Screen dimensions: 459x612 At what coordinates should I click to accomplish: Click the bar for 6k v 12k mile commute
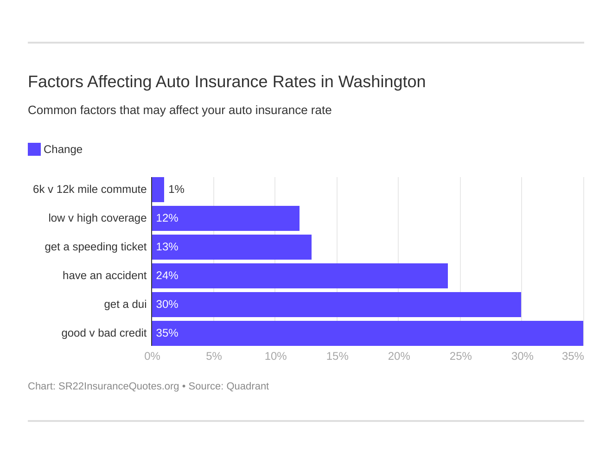pyautogui.click(x=158, y=190)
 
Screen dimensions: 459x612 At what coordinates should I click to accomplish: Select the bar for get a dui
pyautogui.click(x=336, y=305)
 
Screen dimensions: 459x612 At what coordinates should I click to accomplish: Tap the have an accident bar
pyautogui.click(x=300, y=276)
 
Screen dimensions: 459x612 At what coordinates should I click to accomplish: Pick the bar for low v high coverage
pyautogui.click(x=225, y=218)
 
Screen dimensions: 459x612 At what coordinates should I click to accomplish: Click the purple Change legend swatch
pyautogui.click(x=34, y=149)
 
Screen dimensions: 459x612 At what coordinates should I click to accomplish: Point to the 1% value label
pyautogui.click(x=176, y=190)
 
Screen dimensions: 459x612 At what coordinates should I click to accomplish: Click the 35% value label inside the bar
pyautogui.click(x=167, y=333)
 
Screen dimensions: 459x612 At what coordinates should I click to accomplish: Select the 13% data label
pyautogui.click(x=167, y=247)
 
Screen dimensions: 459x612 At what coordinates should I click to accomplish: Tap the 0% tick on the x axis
pyautogui.click(x=152, y=356)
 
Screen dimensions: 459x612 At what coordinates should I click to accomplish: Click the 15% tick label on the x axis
pyautogui.click(x=337, y=356)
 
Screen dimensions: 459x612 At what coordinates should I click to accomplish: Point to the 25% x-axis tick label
pyautogui.click(x=460, y=356)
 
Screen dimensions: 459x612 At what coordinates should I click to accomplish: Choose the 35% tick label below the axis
pyautogui.click(x=573, y=356)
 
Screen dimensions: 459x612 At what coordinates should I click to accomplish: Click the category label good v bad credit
pyautogui.click(x=104, y=333)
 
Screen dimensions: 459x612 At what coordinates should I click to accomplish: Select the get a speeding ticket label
pyautogui.click(x=96, y=247)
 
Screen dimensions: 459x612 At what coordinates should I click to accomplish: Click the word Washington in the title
pyautogui.click(x=382, y=82)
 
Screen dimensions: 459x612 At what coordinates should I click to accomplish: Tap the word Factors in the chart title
pyautogui.click(x=55, y=82)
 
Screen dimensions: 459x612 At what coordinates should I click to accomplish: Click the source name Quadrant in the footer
pyautogui.click(x=248, y=386)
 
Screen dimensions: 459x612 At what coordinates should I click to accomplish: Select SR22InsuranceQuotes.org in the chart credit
pyautogui.click(x=118, y=386)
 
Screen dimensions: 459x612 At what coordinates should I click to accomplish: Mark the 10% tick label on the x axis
pyautogui.click(x=275, y=356)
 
